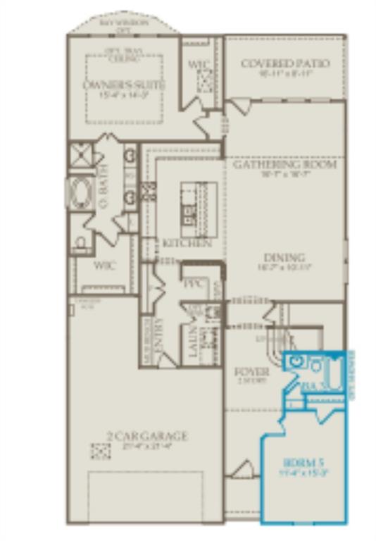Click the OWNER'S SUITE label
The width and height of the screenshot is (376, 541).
(124, 85)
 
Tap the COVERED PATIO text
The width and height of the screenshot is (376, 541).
(285, 63)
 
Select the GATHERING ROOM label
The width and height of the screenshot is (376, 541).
(285, 164)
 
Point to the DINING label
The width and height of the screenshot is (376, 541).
(284, 257)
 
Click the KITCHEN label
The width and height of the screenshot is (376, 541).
(187, 243)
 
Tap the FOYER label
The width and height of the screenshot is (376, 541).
(251, 371)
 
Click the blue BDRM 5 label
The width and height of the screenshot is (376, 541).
(305, 463)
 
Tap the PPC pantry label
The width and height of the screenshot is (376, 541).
(193, 285)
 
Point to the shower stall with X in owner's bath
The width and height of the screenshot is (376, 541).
(80, 154)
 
